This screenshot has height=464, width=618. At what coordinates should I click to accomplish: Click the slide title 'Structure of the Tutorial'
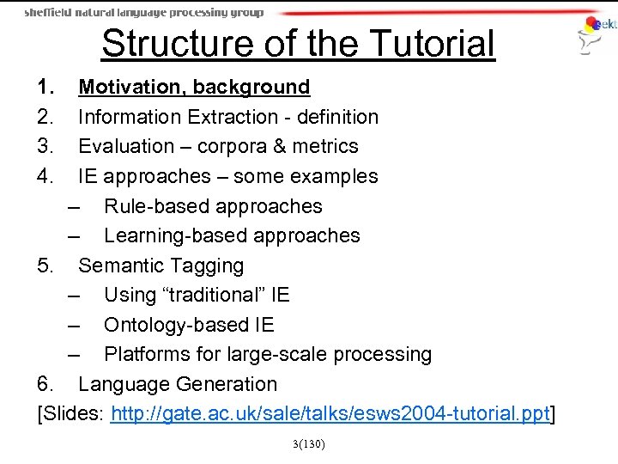tap(298, 44)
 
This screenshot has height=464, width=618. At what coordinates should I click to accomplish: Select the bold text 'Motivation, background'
tap(194, 87)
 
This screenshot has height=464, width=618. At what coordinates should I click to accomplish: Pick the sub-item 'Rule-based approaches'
tap(213, 206)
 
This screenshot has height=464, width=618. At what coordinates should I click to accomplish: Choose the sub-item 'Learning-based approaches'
tap(232, 235)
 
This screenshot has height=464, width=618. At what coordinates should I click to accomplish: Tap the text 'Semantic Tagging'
tap(161, 266)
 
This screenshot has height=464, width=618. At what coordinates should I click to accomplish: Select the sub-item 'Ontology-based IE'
tap(189, 325)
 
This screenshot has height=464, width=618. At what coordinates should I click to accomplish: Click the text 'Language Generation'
tap(178, 384)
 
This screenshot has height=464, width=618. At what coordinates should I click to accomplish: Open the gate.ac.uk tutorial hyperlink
tap(330, 414)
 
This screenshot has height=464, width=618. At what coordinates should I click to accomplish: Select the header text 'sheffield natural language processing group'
tap(143, 12)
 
